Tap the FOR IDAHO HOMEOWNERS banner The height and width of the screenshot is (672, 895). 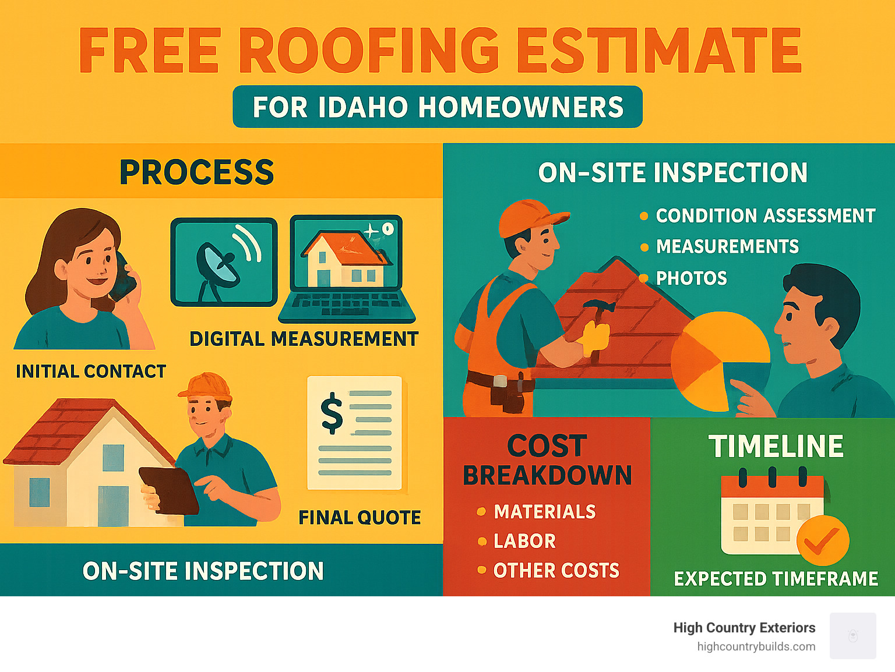(x=438, y=107)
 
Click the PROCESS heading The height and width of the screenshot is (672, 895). (x=196, y=172)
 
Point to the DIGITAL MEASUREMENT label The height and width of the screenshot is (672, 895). (x=304, y=339)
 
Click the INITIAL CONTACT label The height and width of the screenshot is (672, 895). (x=91, y=372)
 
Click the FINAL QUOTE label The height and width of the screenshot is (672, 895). (x=360, y=518)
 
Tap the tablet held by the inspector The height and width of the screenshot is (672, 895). (x=168, y=490)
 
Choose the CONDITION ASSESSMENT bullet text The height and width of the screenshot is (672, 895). (x=765, y=216)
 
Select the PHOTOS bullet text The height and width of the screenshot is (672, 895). (x=691, y=278)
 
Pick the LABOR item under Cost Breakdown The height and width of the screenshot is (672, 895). (x=524, y=541)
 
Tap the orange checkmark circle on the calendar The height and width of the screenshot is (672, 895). (x=823, y=540)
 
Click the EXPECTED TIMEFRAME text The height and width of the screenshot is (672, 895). (x=776, y=579)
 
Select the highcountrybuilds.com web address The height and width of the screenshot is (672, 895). (x=756, y=646)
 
